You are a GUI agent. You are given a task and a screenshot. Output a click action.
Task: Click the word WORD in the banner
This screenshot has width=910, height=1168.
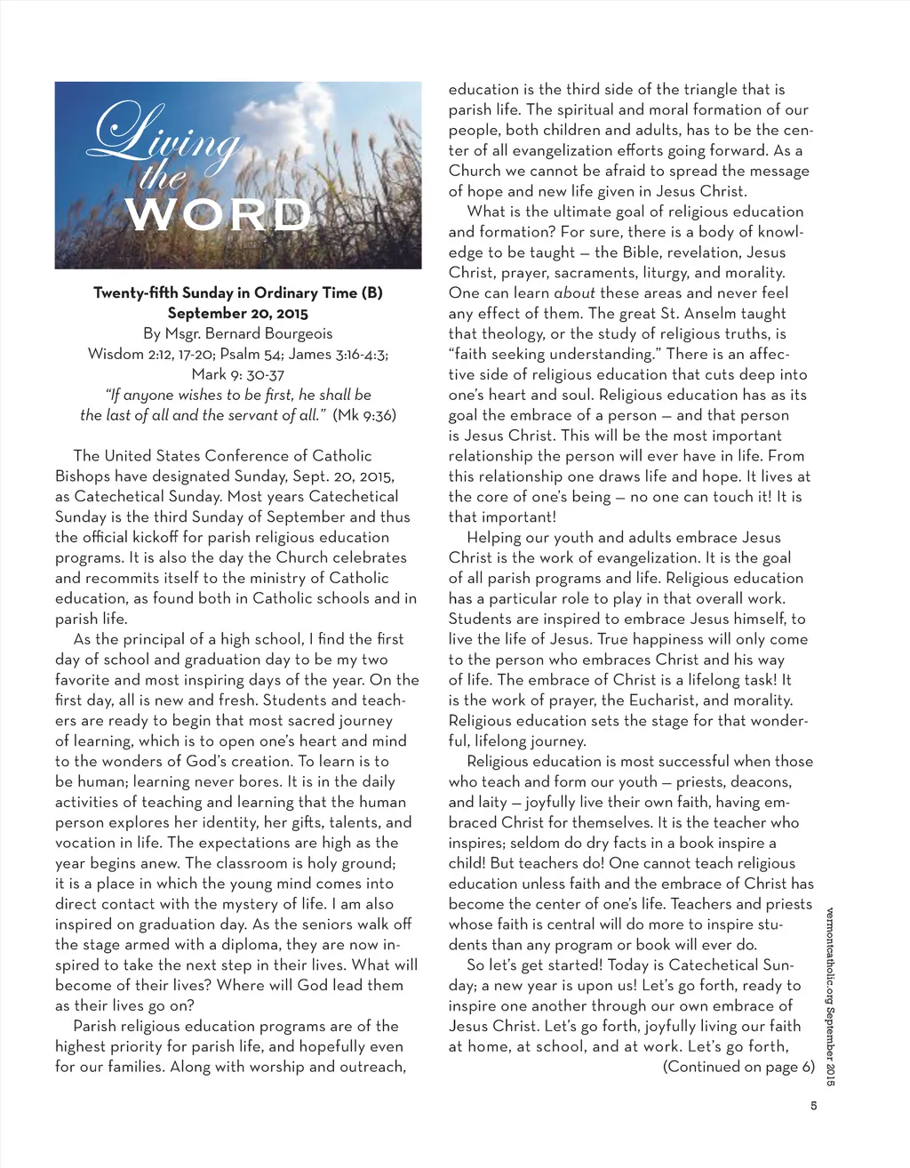pyautogui.click(x=219, y=216)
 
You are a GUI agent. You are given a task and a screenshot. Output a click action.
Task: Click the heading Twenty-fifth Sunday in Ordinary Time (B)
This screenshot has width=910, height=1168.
pyautogui.click(x=238, y=293)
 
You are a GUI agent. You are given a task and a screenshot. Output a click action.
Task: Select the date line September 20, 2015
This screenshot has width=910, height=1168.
pyautogui.click(x=238, y=314)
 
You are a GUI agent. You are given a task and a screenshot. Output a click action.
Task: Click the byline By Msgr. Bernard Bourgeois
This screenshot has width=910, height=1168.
pyautogui.click(x=238, y=334)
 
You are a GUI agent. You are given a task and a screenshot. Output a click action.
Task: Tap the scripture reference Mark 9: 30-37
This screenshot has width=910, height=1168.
pyautogui.click(x=238, y=374)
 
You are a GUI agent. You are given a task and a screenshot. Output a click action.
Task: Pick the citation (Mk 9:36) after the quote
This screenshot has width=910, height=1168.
pyautogui.click(x=364, y=415)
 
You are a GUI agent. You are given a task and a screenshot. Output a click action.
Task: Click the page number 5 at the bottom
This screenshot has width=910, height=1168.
pyautogui.click(x=813, y=1107)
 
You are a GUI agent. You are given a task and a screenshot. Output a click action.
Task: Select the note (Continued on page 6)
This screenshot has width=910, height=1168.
pyautogui.click(x=738, y=1067)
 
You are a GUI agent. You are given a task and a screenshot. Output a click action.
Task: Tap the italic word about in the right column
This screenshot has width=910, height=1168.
pyautogui.click(x=574, y=293)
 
